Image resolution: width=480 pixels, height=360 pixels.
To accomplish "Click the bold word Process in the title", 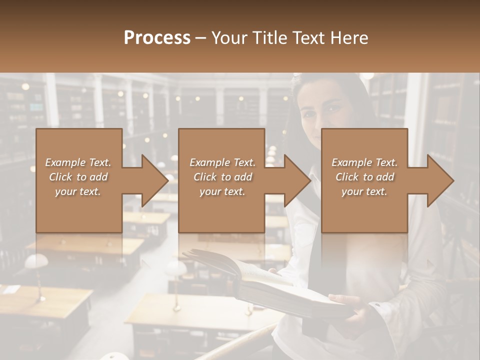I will point(157,38).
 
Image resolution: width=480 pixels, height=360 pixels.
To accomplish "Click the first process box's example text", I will point(78,177).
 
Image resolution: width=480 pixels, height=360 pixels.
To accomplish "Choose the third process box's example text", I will point(364,177).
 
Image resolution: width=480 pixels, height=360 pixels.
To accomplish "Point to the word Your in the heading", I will point(230,38).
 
